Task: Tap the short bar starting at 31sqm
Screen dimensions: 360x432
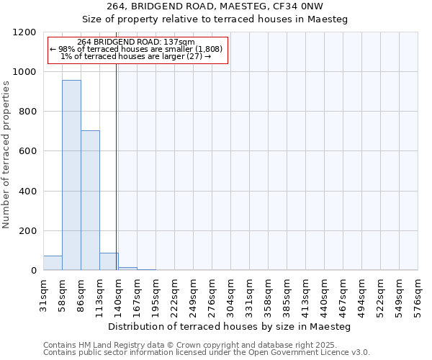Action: (53, 263)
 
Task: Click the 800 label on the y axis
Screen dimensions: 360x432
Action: (27, 112)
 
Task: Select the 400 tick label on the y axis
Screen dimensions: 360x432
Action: (27, 192)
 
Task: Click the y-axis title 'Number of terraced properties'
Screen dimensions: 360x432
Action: (6, 154)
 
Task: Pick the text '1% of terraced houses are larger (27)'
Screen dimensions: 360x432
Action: (136, 56)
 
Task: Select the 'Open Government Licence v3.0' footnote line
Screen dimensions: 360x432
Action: (207, 353)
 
